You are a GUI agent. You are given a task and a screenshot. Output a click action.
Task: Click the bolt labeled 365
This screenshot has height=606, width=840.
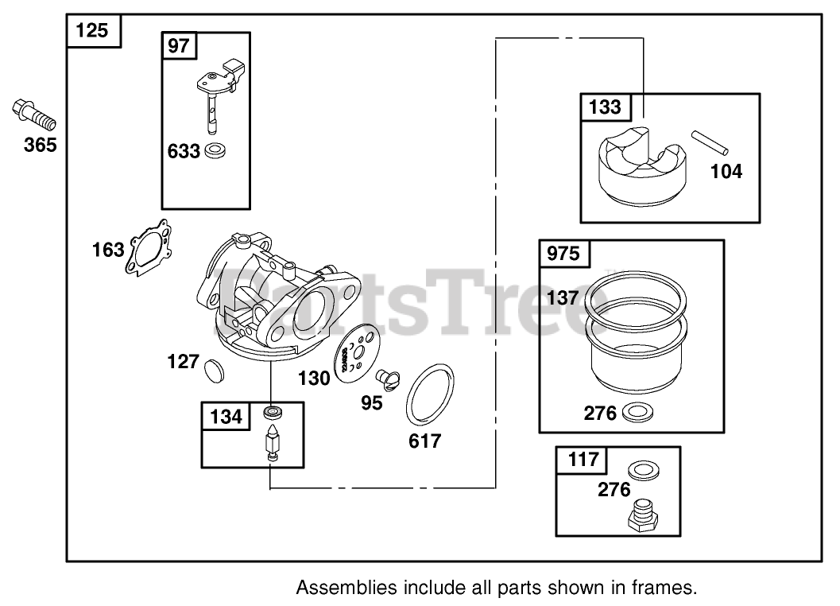(34, 115)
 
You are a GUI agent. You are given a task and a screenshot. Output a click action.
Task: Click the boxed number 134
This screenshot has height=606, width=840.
(227, 416)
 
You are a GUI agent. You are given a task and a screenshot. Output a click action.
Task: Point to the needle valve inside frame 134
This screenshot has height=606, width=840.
(273, 444)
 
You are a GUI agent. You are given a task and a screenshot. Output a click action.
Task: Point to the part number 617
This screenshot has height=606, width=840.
(424, 441)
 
